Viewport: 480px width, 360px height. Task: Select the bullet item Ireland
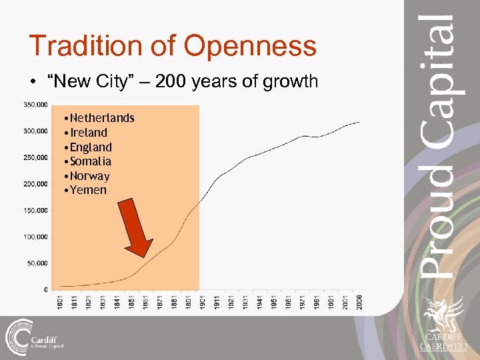click(89, 133)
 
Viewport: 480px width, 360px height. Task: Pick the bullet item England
click(91, 147)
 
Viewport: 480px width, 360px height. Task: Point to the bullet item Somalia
click(91, 161)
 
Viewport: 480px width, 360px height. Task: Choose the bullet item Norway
click(90, 176)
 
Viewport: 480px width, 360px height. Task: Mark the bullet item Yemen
click(88, 190)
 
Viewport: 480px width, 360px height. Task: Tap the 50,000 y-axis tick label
click(37, 263)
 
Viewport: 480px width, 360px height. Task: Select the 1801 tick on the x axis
click(60, 301)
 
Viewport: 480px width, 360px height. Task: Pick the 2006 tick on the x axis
click(360, 301)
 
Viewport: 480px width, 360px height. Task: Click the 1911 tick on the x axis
click(217, 301)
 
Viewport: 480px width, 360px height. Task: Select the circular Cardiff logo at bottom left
click(18, 336)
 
